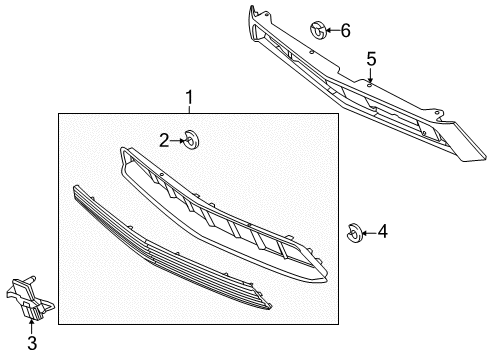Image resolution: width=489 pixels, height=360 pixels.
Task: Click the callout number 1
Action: coord(186,98)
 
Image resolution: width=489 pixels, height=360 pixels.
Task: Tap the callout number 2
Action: coord(164,141)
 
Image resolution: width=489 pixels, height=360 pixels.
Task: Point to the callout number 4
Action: coord(382,231)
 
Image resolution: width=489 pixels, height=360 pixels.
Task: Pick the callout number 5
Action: coord(370,60)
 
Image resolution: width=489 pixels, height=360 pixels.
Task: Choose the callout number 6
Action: coord(344,30)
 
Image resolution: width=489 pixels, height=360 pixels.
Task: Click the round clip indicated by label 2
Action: coord(191,139)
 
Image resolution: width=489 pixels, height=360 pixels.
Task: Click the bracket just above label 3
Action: coord(31,299)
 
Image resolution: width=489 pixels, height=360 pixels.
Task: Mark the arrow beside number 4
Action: coord(367,232)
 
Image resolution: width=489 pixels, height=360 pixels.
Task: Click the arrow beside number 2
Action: coord(178,141)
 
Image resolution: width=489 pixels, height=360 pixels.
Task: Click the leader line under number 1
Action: coord(186,110)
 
